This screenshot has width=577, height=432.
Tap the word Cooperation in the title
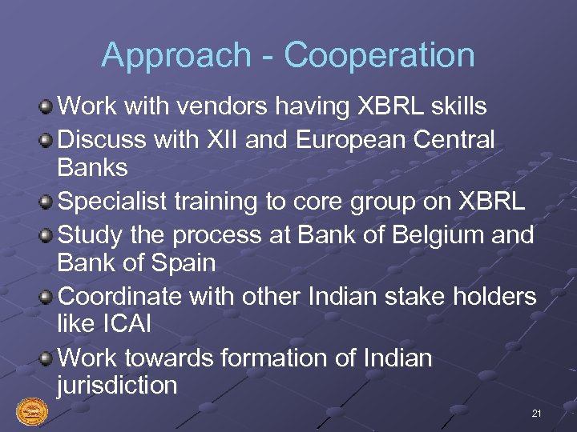379,56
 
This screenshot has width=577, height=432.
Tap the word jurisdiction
117,385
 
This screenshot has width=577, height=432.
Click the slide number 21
536,414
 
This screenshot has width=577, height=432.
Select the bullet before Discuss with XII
48,139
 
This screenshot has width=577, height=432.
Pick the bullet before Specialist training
48,202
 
